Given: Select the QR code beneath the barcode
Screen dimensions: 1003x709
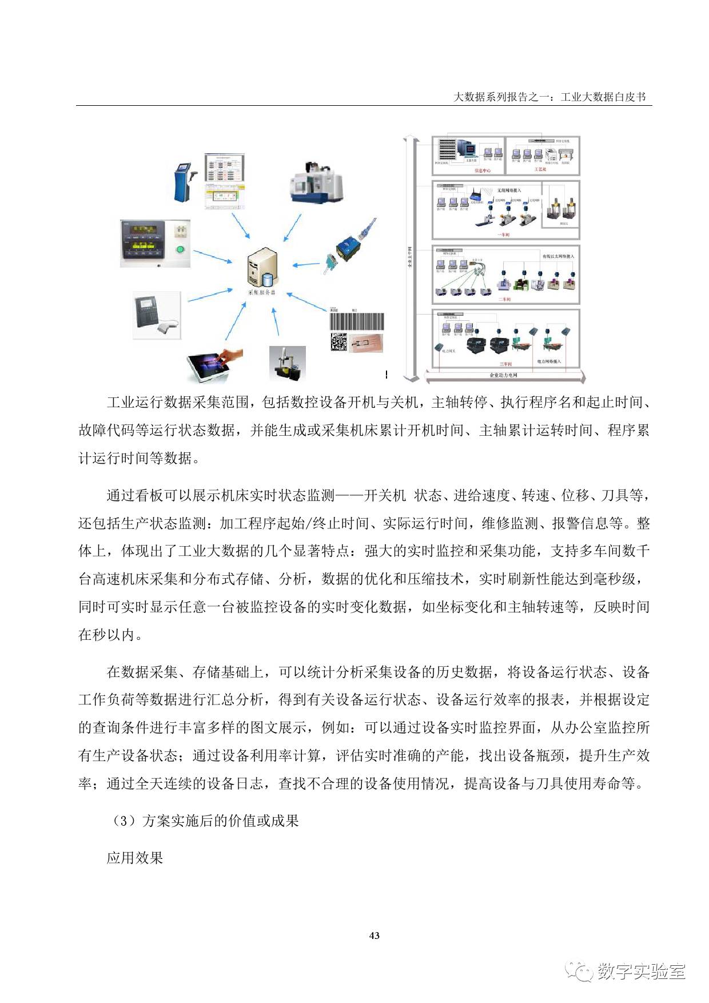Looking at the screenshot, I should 338,341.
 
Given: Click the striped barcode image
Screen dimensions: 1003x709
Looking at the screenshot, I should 356,321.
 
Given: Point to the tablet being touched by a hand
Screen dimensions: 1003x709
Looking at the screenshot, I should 214,364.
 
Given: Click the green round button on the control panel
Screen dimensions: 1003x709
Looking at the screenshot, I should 180,249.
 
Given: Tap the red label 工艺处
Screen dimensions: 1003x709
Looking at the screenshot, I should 540,170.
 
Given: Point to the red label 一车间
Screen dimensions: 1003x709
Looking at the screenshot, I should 504,235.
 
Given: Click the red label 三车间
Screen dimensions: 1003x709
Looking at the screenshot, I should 505,364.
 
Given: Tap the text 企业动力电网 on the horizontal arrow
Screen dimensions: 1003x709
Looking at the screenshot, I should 503,375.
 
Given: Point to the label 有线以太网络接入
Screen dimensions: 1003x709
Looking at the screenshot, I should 558,257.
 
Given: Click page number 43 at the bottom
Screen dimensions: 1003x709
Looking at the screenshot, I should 375,936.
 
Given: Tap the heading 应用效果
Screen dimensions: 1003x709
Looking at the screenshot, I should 135,858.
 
